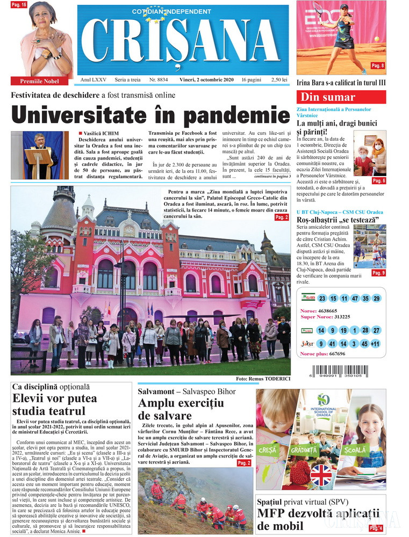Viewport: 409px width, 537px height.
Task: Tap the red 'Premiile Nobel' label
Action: tap(40, 81)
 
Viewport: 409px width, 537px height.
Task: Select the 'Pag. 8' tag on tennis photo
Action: tap(378, 66)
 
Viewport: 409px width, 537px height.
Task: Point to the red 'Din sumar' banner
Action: tap(341, 97)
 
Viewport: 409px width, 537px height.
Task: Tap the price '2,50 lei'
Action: tap(279, 79)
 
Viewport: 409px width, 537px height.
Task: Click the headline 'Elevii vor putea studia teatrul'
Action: tap(55, 405)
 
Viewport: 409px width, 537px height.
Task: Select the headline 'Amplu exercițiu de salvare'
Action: tap(165, 410)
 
